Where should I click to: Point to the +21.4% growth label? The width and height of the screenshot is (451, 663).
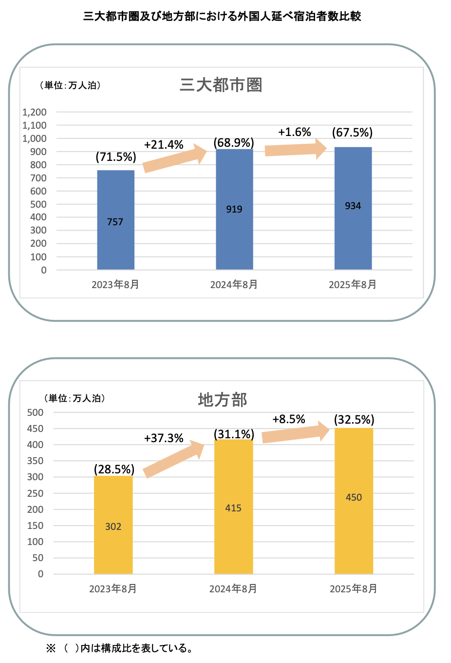(164, 145)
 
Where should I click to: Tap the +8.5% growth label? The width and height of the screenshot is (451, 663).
(289, 419)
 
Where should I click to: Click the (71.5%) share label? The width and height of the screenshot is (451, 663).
(116, 157)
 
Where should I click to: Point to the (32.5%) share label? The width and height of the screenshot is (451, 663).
(354, 420)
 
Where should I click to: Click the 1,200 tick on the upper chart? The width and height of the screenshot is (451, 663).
(35, 112)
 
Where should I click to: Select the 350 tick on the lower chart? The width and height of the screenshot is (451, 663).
(35, 461)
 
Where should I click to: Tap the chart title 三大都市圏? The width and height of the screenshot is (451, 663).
(221, 85)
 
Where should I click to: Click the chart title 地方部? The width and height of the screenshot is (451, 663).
(223, 400)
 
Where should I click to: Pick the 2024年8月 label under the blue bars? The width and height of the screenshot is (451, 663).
(234, 285)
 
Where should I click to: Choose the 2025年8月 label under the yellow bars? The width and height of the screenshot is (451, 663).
(354, 589)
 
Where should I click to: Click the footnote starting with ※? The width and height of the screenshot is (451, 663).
(119, 648)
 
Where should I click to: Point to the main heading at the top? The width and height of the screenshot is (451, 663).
(222, 17)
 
